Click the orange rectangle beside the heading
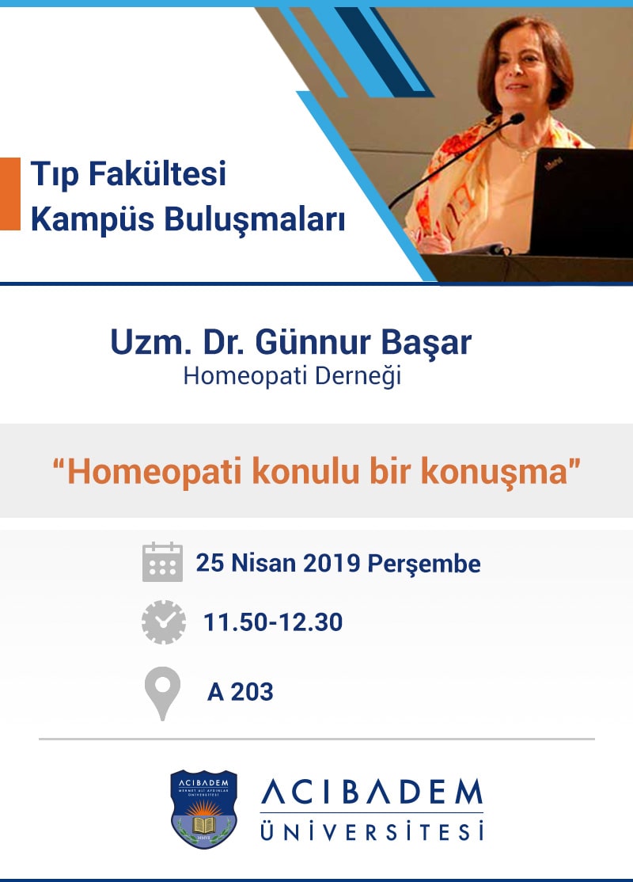(x=9, y=194)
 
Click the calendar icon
(x=162, y=562)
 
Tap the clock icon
(x=163, y=622)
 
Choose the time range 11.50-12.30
(x=273, y=622)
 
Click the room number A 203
(x=241, y=692)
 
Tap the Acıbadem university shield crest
(x=204, y=808)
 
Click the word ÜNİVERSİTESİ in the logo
(x=371, y=832)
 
